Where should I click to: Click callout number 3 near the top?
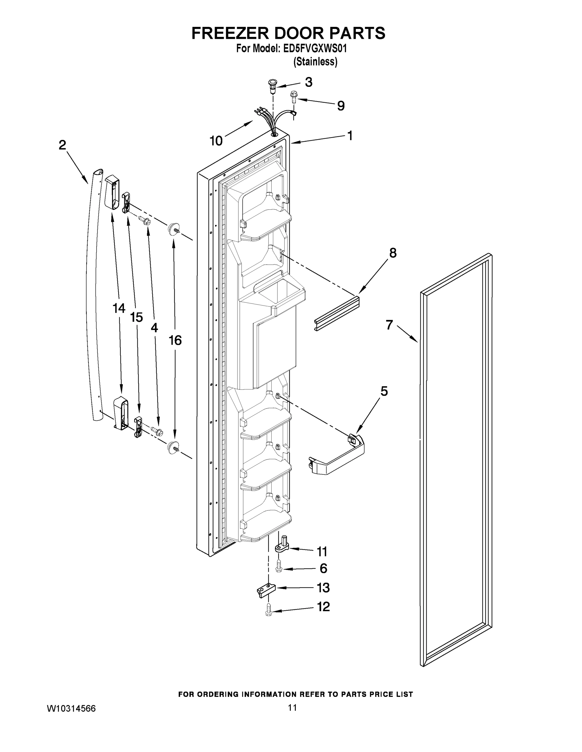tap(309, 82)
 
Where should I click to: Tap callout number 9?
tap(341, 106)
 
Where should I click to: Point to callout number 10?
tap(216, 141)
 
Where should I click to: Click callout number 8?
tap(393, 253)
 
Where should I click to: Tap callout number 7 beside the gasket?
tap(389, 325)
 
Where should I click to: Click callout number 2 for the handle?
tap(62, 145)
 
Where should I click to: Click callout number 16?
tap(175, 340)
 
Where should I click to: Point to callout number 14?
tap(119, 308)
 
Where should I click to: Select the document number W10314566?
tap(71, 708)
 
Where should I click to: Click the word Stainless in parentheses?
tap(315, 62)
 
